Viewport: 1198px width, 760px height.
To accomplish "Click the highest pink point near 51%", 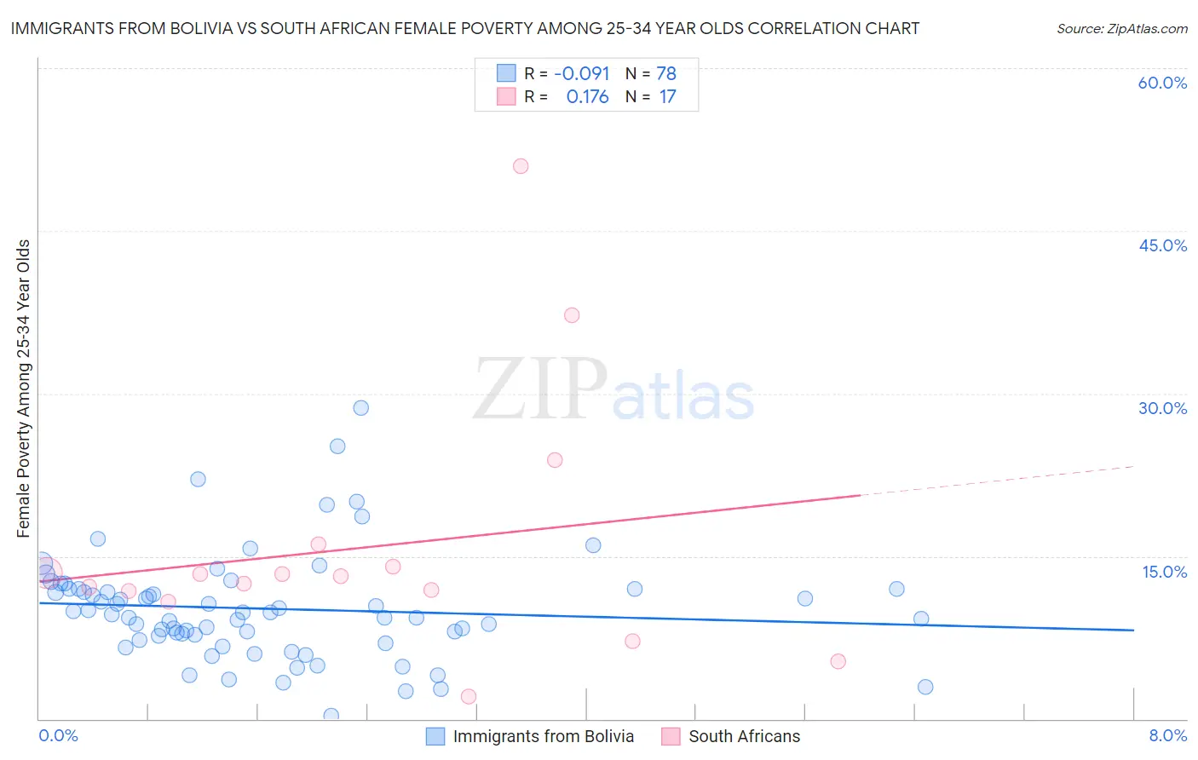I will [x=521, y=166].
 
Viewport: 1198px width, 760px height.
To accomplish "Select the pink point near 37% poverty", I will [x=572, y=315].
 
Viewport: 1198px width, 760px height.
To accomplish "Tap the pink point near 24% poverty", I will [x=555, y=460].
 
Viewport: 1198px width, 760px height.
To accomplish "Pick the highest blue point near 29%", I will [x=361, y=408].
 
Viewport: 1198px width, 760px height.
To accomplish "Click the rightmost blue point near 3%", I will [x=925, y=687].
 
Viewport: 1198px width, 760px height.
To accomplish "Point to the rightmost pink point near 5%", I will [x=838, y=661].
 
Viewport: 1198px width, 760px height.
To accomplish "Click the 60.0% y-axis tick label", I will [x=1162, y=83].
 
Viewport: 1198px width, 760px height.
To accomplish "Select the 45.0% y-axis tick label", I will [x=1162, y=245].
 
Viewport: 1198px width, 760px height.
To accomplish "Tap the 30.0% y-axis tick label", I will [x=1162, y=408].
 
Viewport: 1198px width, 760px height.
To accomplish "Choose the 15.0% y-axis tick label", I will [x=1164, y=572].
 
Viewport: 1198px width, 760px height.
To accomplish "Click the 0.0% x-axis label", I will [x=58, y=735].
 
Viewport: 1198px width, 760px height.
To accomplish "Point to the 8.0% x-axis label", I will [x=1167, y=735].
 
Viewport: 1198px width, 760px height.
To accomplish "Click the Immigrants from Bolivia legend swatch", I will [x=435, y=737].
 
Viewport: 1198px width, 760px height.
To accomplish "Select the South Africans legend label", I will [x=744, y=737].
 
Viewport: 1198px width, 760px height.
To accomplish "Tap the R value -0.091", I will [x=581, y=74].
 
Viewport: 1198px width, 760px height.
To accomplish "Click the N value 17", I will [x=667, y=97].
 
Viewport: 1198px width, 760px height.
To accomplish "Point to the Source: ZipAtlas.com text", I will [x=1121, y=29].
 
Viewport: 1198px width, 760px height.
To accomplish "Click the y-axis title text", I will [x=24, y=389].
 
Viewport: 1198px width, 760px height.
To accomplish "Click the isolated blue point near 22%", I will [x=198, y=479].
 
